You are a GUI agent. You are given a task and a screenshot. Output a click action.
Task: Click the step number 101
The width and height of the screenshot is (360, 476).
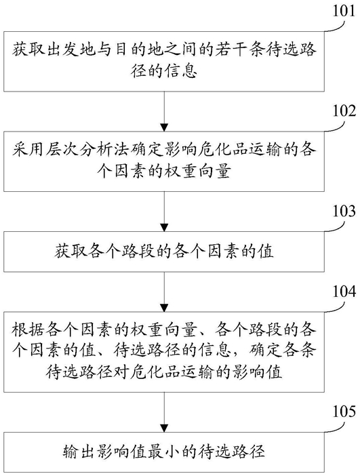coord(344,11)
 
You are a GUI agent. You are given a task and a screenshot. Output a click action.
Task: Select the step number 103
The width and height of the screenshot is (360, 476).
coord(344,211)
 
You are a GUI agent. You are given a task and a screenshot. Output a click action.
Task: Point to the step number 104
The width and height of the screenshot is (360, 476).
coord(344,291)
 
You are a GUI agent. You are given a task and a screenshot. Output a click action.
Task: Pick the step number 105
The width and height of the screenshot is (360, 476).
coord(344,412)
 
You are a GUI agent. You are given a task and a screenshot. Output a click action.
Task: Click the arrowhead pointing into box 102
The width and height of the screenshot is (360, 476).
coord(164,127)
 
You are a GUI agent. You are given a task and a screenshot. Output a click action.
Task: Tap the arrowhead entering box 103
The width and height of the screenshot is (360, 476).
coord(164,227)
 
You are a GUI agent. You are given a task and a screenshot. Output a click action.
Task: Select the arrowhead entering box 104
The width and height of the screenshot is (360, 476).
coord(164,308)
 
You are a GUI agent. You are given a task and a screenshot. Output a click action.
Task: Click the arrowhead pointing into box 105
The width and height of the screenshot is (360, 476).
coord(164,428)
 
